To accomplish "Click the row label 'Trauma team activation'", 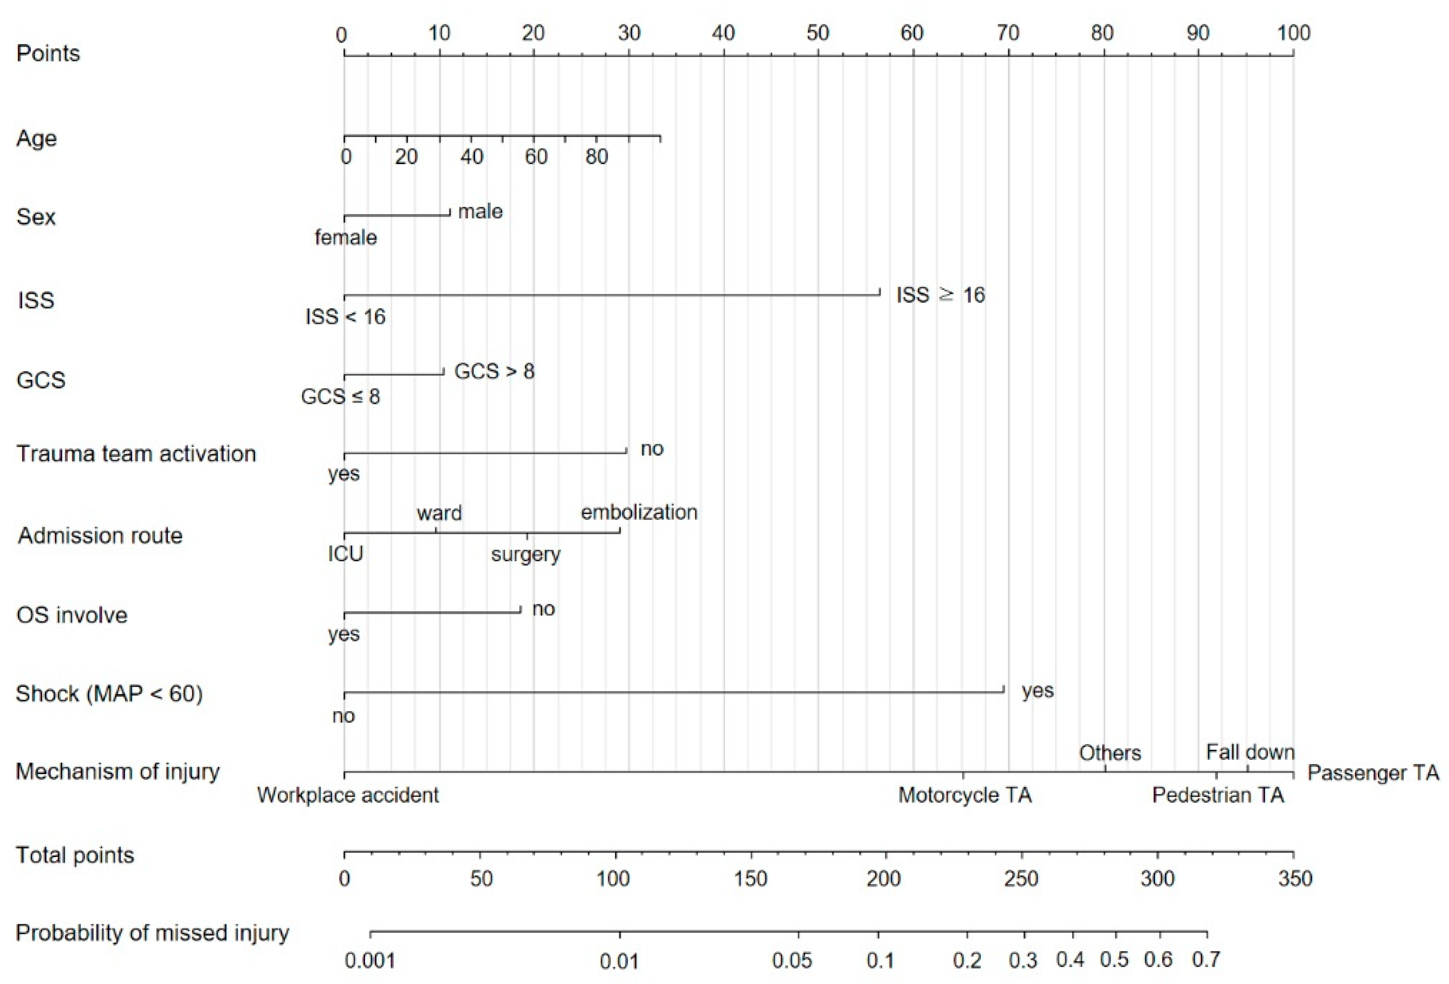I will pos(136,454).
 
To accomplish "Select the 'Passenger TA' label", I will pos(1373,773).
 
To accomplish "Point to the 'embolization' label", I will pos(639,513).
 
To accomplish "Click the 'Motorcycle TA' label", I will pos(964,796).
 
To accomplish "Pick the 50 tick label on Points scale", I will pos(818,33).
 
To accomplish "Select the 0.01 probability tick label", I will pos(619,962).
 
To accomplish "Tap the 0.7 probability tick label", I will pos(1206,960).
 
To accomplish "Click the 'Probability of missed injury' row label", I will pos(152,934).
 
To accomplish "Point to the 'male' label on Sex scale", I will pos(480,212).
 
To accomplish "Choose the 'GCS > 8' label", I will pos(494,372).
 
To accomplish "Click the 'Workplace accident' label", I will pos(348,796).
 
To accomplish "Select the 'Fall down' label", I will pos(1250,752).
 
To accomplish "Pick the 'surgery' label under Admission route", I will pos(525,554).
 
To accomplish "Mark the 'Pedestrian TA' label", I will pos(1218,796).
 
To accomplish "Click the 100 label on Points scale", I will pos(1294,33).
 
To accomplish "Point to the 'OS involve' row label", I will pos(72,615).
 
